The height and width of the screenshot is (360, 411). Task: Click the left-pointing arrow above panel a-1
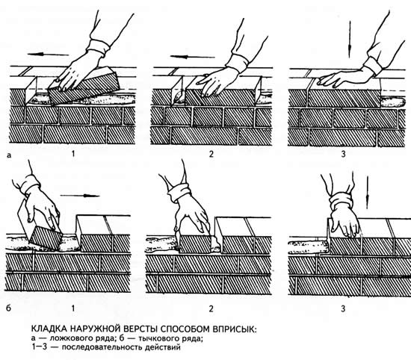pyautogui.click(x=48, y=55)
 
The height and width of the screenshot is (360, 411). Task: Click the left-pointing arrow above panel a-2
pyautogui.click(x=192, y=57)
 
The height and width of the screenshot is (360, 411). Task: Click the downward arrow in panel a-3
pyautogui.click(x=350, y=40)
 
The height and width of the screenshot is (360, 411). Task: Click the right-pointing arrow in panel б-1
pyautogui.click(x=80, y=196)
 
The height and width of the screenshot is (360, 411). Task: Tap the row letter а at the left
pyautogui.click(x=10, y=155)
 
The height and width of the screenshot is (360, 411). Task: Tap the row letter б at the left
pyautogui.click(x=9, y=308)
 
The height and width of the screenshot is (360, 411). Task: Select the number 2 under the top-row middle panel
pyautogui.click(x=211, y=154)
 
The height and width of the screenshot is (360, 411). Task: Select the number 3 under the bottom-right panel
pyautogui.click(x=343, y=309)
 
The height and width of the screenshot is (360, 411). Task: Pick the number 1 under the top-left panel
pyautogui.click(x=73, y=154)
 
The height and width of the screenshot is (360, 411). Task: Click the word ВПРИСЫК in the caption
pyautogui.click(x=235, y=329)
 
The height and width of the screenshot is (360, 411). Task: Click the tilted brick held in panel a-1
pyautogui.click(x=84, y=85)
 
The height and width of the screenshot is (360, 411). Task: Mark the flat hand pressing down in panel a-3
pyautogui.click(x=344, y=78)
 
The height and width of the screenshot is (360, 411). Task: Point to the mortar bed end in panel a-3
pyautogui.click(x=392, y=102)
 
